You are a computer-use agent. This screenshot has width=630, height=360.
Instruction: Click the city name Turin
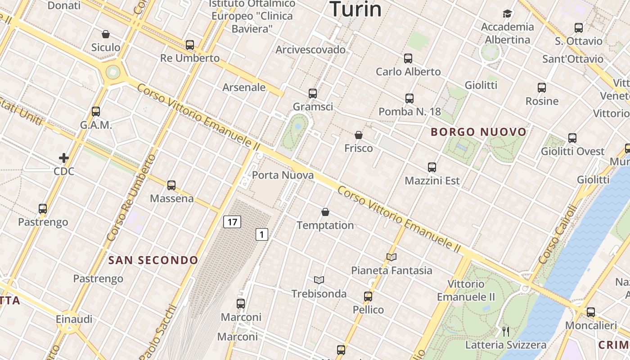click(355, 9)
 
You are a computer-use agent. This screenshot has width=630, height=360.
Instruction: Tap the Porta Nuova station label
click(283, 175)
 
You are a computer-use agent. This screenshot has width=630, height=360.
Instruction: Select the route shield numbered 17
click(232, 221)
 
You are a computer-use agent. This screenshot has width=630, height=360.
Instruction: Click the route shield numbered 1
click(262, 234)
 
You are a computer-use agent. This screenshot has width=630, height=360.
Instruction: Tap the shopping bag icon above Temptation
click(325, 212)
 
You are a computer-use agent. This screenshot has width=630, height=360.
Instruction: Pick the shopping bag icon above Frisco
click(359, 135)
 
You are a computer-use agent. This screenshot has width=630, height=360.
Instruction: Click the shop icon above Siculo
click(106, 34)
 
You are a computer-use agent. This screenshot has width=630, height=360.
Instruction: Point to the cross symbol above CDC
click(64, 158)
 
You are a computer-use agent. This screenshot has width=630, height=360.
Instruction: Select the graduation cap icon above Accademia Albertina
click(508, 13)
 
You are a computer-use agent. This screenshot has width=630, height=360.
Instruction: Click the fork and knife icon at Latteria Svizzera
click(506, 332)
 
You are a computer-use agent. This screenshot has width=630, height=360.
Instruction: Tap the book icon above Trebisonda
click(319, 280)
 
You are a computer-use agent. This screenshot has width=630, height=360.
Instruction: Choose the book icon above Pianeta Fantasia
click(391, 257)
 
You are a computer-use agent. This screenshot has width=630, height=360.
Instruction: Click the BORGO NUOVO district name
click(478, 132)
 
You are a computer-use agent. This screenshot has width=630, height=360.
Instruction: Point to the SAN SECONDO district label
click(153, 260)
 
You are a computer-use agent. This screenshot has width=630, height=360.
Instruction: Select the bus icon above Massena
click(171, 185)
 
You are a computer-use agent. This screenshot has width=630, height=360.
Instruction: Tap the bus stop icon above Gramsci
click(313, 94)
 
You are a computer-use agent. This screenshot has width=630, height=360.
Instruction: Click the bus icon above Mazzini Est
click(432, 167)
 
